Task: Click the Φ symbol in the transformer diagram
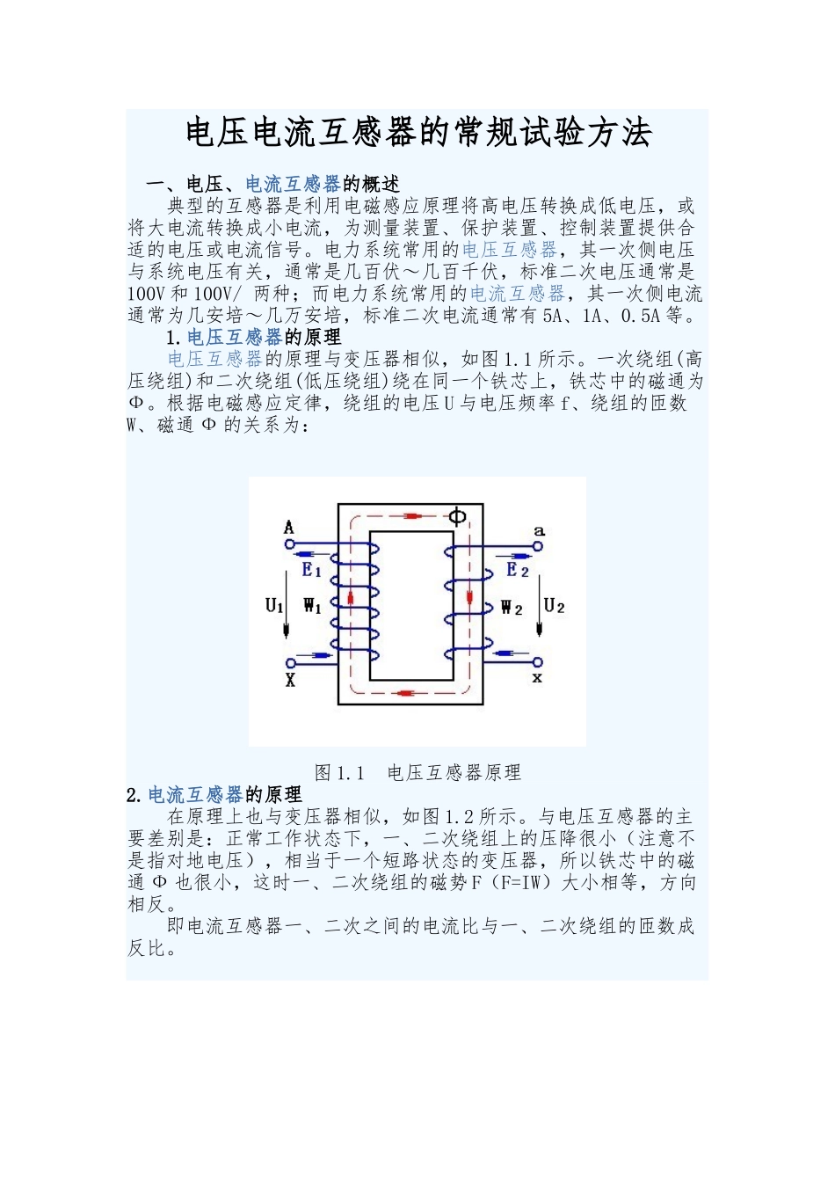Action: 457,516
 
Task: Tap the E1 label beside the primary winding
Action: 312,570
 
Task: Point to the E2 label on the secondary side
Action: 518,570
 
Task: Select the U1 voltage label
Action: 274,605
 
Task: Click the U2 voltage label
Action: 554,605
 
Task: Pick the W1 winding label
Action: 312,605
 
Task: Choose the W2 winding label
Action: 512,607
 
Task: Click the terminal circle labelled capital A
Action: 289,544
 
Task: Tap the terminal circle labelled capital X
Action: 289,662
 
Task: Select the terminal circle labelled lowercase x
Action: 539,661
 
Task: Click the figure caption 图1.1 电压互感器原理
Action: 417,773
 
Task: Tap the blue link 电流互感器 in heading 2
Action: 195,795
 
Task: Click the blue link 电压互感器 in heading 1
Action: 235,337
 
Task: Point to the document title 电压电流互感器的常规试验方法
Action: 418,134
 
